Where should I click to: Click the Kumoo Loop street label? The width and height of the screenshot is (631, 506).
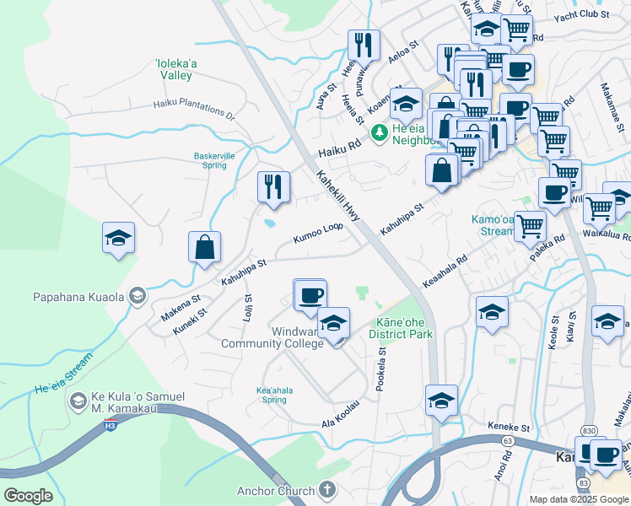point(318,232)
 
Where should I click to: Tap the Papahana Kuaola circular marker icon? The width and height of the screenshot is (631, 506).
point(138,296)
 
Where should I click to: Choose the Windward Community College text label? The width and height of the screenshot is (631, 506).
point(272,337)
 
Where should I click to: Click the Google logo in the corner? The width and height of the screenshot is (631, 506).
point(28,496)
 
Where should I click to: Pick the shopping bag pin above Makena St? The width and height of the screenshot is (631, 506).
point(204,248)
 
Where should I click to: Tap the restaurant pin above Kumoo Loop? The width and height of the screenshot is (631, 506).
point(273,187)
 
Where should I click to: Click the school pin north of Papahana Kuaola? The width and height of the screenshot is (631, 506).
point(118,239)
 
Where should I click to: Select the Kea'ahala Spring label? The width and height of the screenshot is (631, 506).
point(272,395)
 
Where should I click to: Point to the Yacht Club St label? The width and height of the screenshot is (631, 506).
point(580,16)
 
